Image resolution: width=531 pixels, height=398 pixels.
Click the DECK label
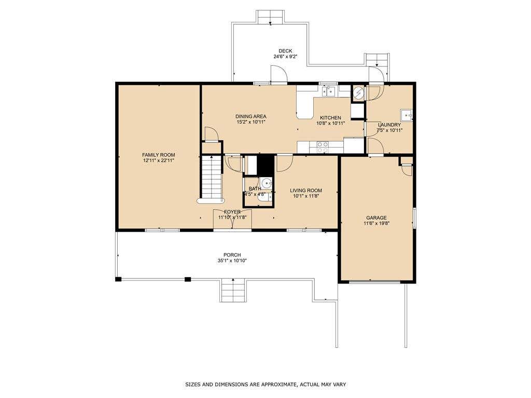point(285,51)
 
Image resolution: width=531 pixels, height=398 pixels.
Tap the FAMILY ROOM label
point(159,155)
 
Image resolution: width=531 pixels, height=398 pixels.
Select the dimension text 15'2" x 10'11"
point(251,122)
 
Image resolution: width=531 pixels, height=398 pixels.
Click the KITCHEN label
point(330,118)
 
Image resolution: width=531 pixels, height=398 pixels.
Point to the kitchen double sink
point(328,91)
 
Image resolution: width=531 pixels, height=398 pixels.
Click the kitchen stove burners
point(323,147)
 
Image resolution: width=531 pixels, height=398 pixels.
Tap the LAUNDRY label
point(389,125)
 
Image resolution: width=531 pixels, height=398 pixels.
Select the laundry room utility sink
point(406,116)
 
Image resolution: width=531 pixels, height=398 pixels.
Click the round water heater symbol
point(358,92)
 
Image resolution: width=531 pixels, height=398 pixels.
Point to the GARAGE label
point(376,218)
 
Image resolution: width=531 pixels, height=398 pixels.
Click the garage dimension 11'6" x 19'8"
point(376,223)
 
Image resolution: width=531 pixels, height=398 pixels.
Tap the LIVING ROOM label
point(306,191)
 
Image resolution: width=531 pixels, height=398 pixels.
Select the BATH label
point(255,189)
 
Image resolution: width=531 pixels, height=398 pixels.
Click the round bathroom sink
point(267,184)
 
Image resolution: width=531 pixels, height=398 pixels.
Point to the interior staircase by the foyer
point(212,177)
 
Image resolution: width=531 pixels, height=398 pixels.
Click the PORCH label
point(232,255)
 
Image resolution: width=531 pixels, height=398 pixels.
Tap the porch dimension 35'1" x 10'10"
point(232,261)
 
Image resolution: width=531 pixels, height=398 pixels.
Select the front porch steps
point(233,290)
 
